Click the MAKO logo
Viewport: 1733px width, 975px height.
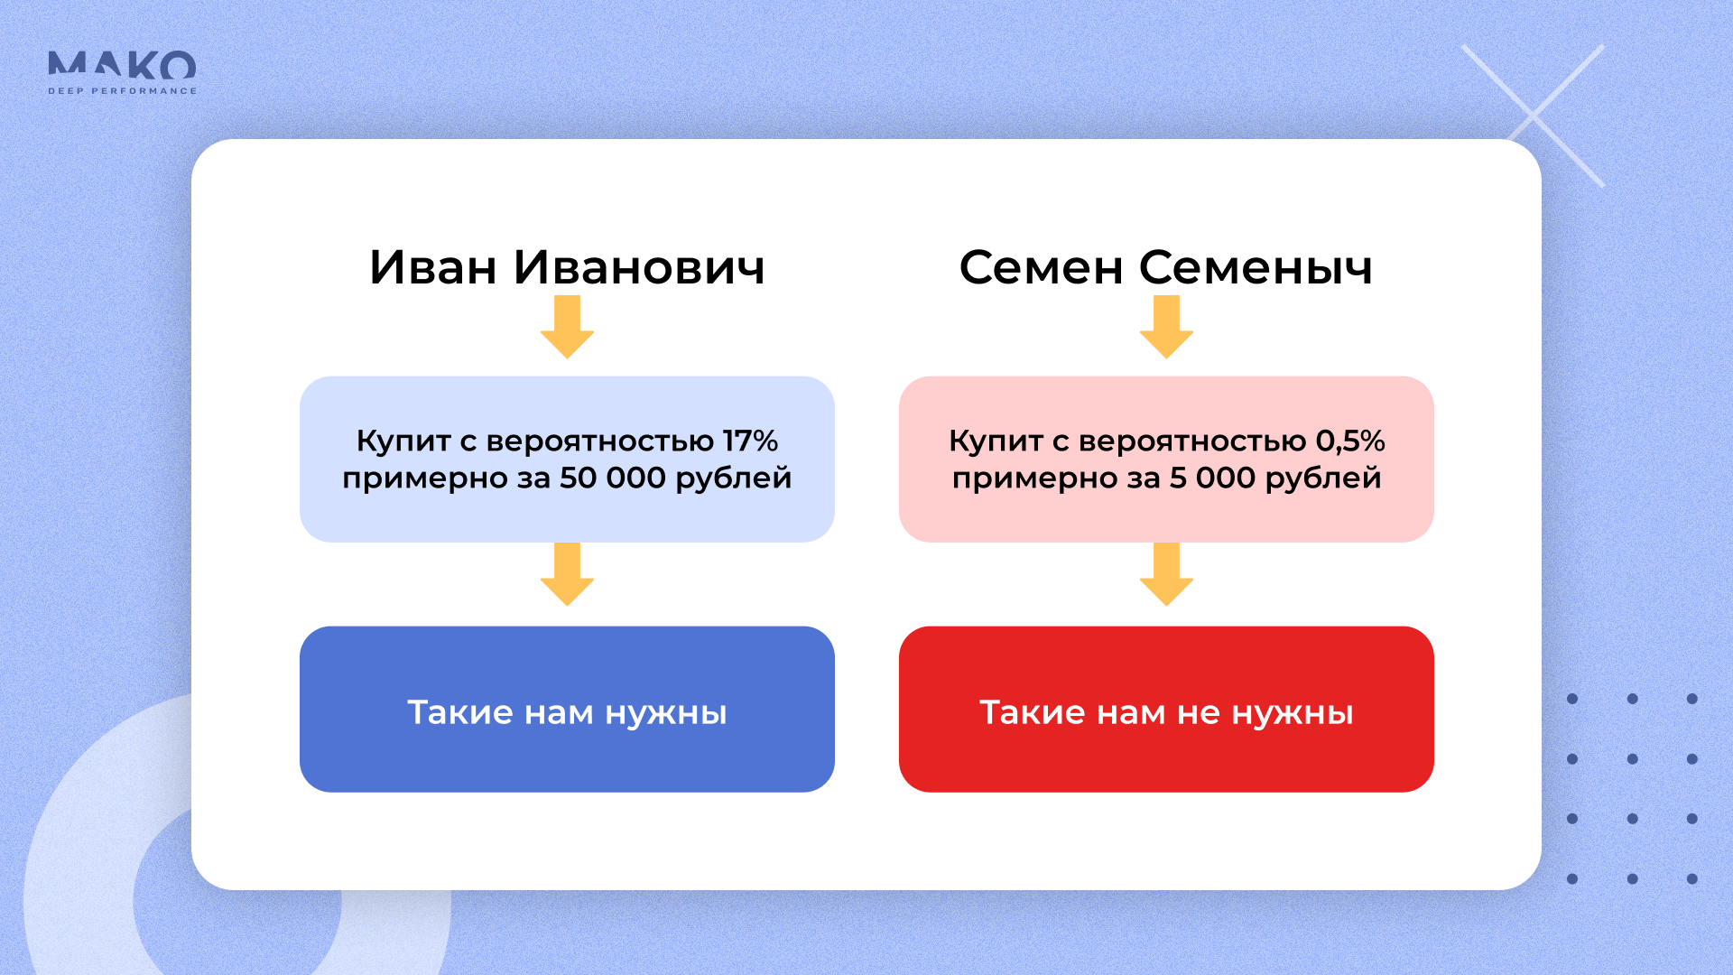[x=122, y=66]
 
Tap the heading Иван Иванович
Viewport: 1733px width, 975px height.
[x=567, y=267]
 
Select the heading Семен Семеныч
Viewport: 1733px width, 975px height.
[x=1165, y=267]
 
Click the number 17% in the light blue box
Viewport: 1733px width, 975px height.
[x=750, y=441]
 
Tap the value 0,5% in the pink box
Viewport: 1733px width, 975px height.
[x=1349, y=441]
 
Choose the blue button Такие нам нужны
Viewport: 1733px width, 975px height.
[x=567, y=710]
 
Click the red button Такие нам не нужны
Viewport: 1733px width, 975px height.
[x=1166, y=710]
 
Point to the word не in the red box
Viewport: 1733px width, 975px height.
[x=1199, y=713]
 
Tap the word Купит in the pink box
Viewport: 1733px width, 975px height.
[x=996, y=441]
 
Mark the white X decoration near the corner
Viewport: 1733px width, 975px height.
[x=1533, y=116]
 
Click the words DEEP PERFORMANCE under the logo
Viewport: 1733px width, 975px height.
[x=122, y=91]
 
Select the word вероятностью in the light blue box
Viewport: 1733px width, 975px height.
[x=599, y=441]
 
